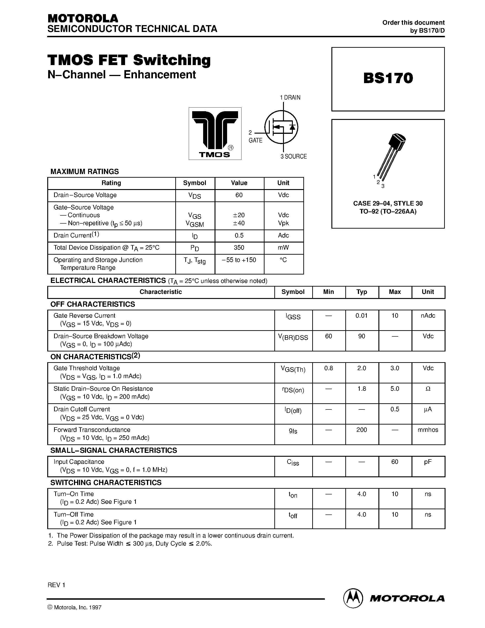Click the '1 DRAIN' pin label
point(290,98)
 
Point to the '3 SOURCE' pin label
point(294,156)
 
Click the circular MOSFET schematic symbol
point(281,127)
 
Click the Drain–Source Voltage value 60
point(239,195)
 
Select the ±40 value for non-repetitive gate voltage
point(239,223)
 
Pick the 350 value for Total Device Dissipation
point(239,248)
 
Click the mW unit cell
point(283,248)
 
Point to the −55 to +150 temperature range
point(239,260)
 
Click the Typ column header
point(362,292)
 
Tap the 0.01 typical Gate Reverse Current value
point(362,316)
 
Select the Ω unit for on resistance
point(428,389)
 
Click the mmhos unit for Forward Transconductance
point(428,430)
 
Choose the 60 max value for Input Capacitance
point(395,462)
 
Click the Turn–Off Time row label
point(73,515)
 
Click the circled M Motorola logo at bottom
point(352,598)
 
